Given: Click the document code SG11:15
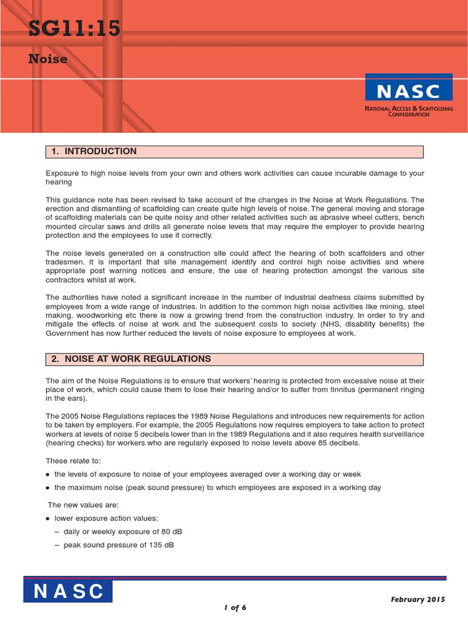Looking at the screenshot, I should [x=74, y=29].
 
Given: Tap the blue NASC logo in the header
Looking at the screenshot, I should [x=408, y=91].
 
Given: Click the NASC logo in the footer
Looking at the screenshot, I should [x=68, y=591].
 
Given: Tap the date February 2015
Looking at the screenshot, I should [x=417, y=599].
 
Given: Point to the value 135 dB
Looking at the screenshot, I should [x=161, y=545].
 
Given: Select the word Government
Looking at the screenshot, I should [x=69, y=333].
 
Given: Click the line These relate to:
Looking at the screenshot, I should [x=69, y=461].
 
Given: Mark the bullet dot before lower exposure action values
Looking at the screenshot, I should [x=48, y=519].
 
